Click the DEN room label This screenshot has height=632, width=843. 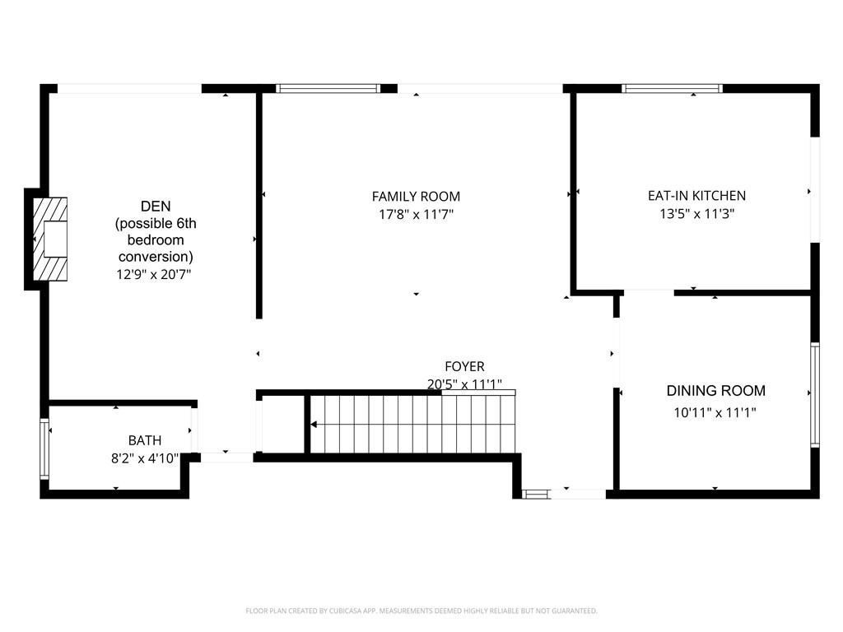coord(156,206)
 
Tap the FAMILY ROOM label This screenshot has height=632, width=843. coord(416,197)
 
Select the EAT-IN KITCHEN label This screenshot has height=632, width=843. coord(696,196)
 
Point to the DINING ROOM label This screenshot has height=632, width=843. coord(715,391)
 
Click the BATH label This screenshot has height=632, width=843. coord(145,441)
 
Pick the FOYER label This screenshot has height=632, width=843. coord(464,367)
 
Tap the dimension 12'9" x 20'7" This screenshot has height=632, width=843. coord(155,275)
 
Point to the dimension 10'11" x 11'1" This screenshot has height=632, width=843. coord(715,412)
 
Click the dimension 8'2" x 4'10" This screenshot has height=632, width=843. coord(145,458)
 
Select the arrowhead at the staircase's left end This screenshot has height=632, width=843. coord(314,425)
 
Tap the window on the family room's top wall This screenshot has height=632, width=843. coord(328,88)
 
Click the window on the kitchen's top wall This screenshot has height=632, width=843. coord(672,88)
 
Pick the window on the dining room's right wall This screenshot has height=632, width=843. coord(814,394)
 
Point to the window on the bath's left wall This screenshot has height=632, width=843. coord(44,448)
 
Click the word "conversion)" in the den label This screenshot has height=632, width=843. coord(156,257)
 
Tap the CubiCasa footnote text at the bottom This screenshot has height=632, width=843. coord(421,611)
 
